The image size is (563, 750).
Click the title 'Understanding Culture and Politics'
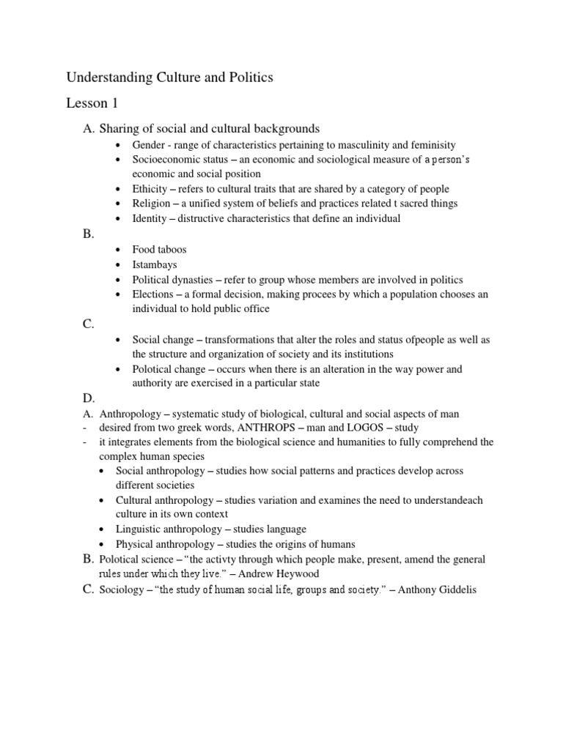point(169,77)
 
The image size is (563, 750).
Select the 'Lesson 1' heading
point(92,103)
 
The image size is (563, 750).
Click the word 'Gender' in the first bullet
point(149,145)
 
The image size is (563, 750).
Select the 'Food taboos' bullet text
point(159,250)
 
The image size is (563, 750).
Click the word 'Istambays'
point(155,264)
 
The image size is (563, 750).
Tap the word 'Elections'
point(154,294)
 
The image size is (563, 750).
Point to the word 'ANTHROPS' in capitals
point(264,427)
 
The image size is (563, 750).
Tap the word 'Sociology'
point(122,589)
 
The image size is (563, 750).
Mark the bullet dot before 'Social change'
point(119,340)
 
